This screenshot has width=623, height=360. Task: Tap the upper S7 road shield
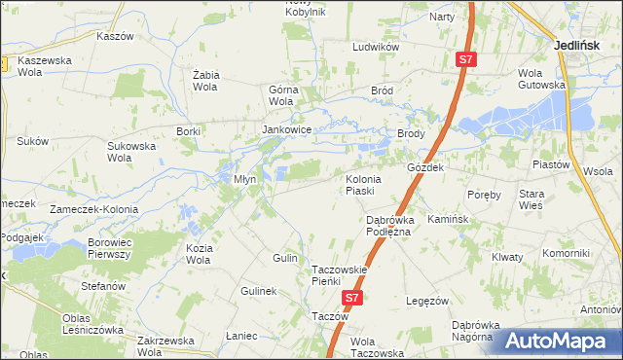click(466, 60)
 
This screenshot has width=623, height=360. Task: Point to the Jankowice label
click(286, 128)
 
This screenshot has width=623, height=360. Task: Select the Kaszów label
click(114, 35)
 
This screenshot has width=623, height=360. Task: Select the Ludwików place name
click(377, 47)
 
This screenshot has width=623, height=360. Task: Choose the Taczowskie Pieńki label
click(338, 275)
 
